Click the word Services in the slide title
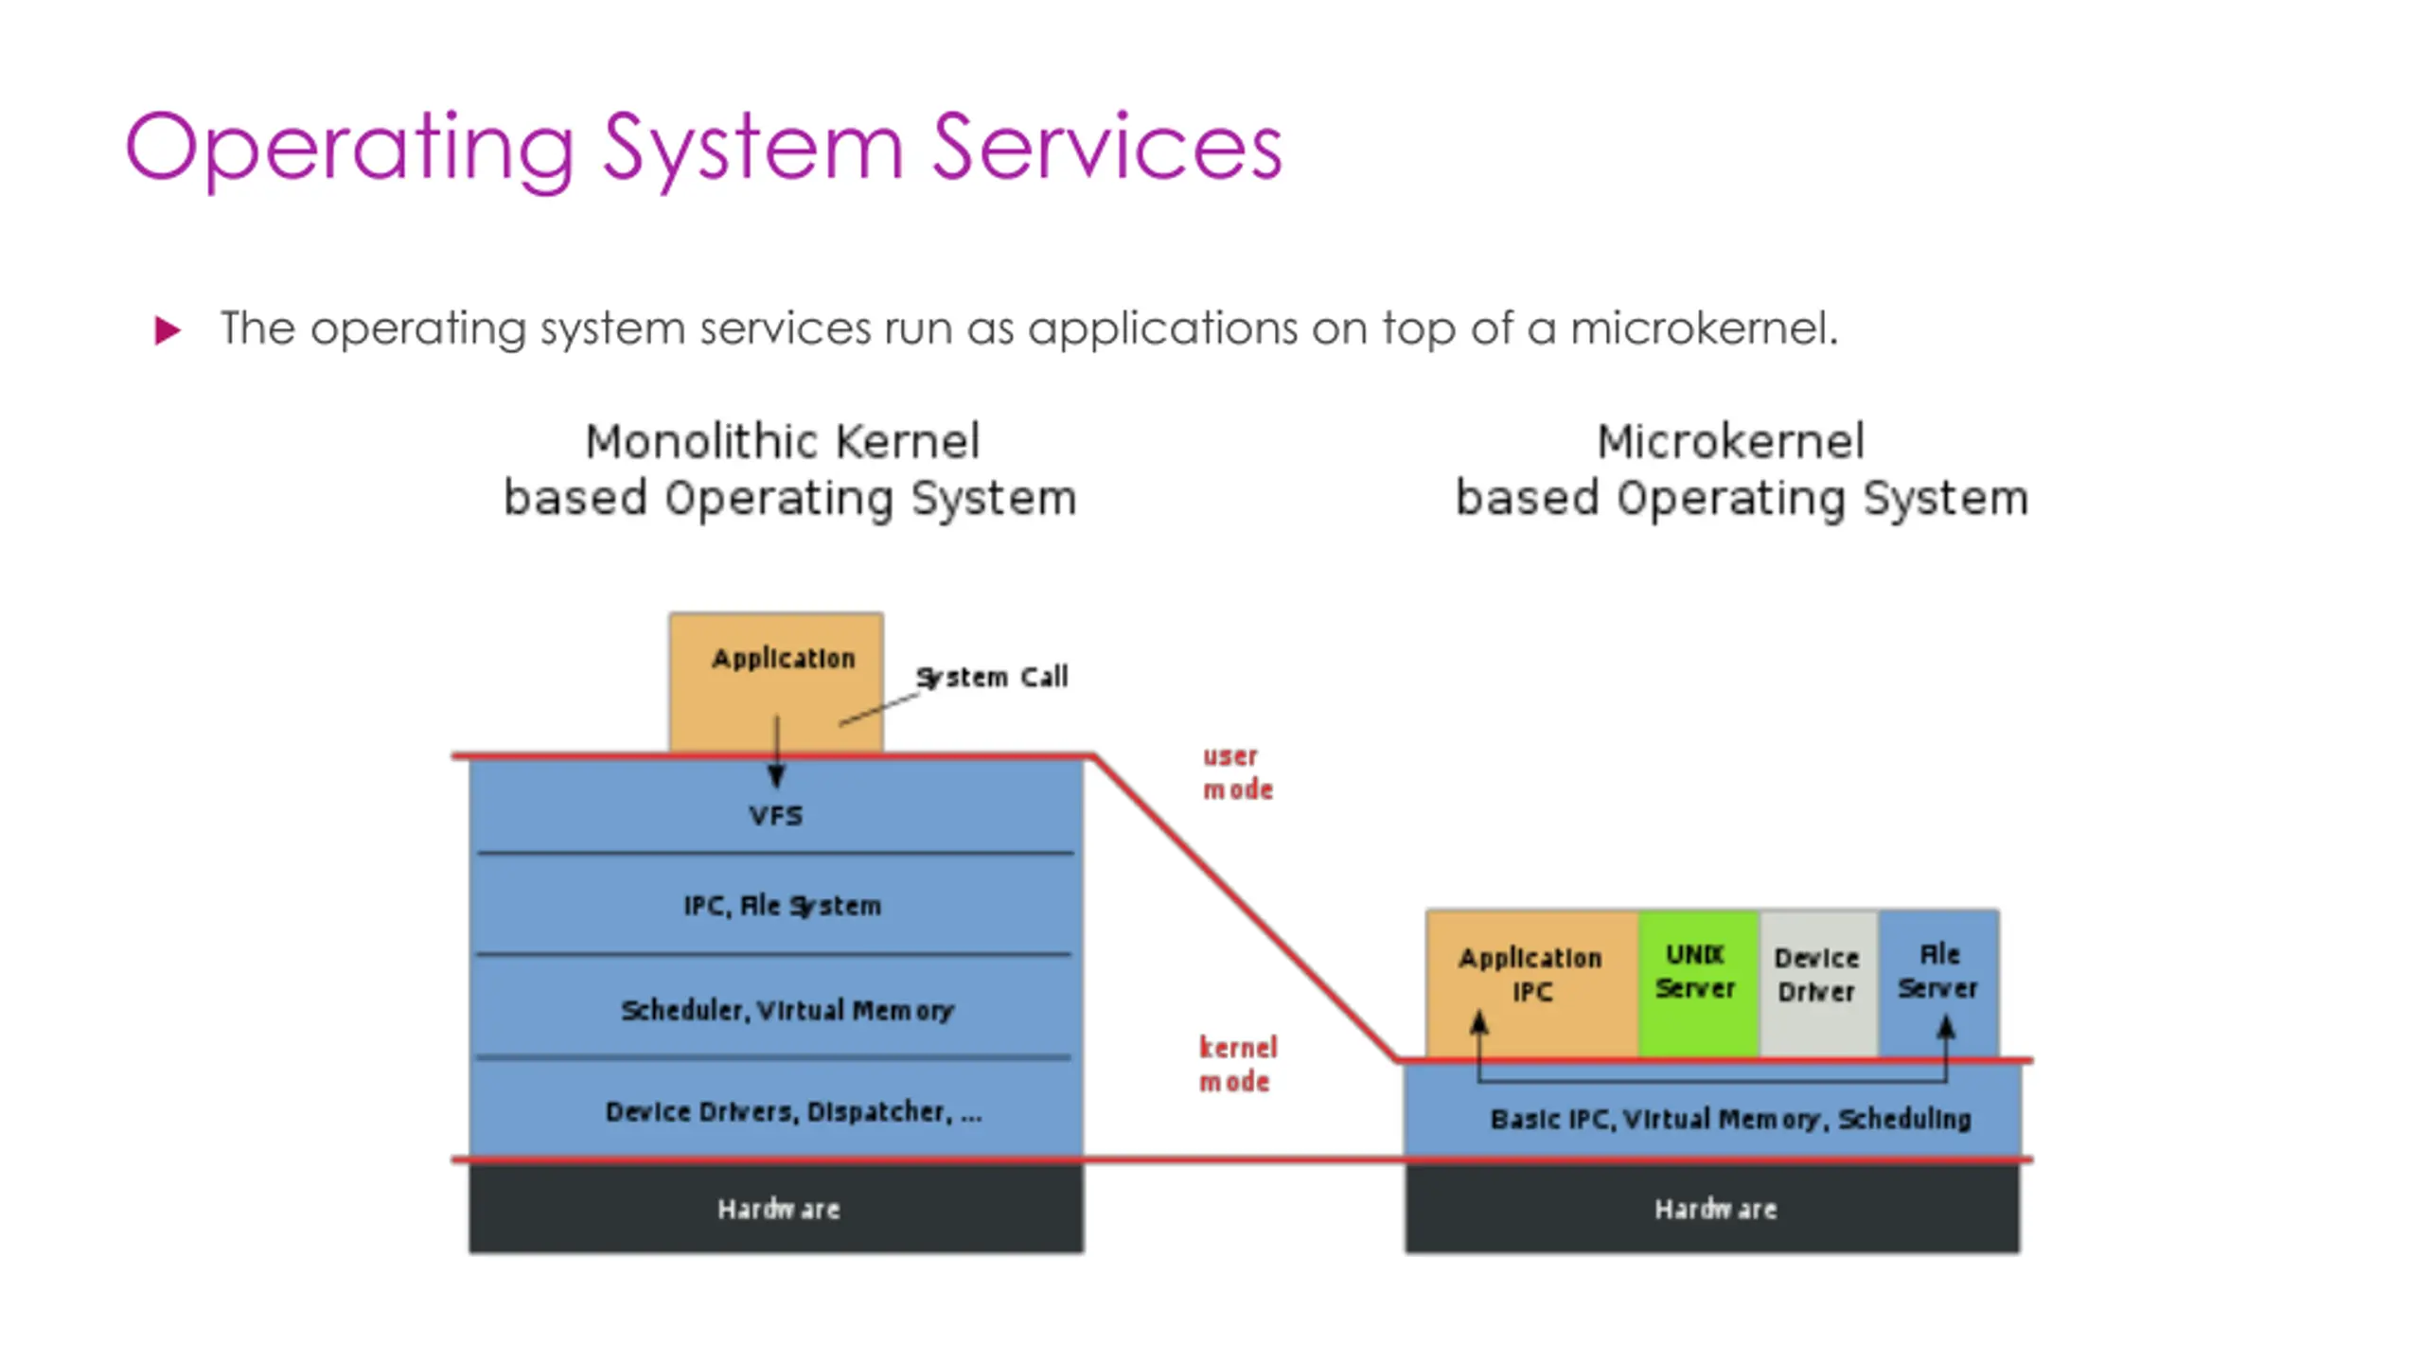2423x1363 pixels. coord(1106,147)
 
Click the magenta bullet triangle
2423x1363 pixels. coord(168,330)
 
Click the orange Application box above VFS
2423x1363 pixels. coord(776,682)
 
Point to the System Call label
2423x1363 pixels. coord(992,677)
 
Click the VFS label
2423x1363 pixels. coord(776,815)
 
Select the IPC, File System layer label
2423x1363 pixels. coord(783,906)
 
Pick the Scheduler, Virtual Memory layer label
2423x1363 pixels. coord(787,1010)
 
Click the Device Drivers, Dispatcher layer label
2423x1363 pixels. coord(793,1111)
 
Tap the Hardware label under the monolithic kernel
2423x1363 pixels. coord(778,1209)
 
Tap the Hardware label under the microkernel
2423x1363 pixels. coord(1715,1209)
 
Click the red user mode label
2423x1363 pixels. coord(1238,772)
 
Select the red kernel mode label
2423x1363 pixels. coord(1238,1064)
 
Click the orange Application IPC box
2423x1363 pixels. coord(1532,983)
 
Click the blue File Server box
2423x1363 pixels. coord(1939,983)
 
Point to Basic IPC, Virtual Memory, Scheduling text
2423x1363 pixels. coord(1731,1119)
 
